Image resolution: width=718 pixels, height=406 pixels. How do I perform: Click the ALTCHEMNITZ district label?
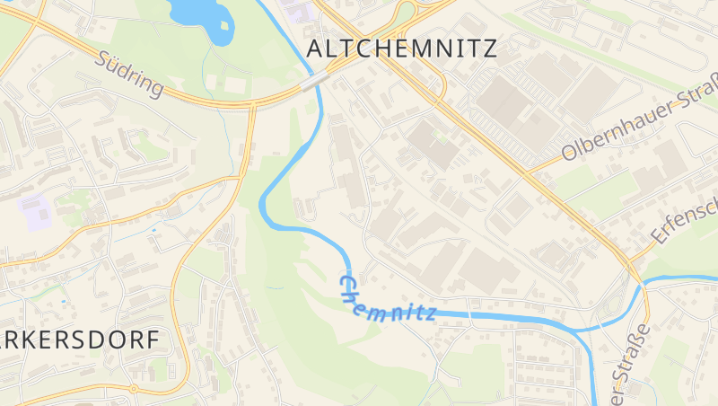pos(401,49)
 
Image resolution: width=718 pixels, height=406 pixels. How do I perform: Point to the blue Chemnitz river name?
pos(386,301)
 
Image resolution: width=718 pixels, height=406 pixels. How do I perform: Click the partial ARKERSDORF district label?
pos(81,340)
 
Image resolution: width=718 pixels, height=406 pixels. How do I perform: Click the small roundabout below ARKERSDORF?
pos(133,389)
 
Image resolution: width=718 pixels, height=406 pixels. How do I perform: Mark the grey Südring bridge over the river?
pos(314,83)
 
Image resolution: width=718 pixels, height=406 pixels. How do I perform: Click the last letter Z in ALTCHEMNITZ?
pos(488,49)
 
